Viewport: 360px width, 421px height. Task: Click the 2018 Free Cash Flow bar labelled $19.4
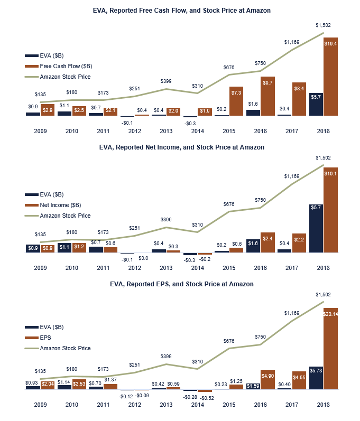[330, 77]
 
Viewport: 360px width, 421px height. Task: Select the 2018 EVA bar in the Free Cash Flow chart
[316, 104]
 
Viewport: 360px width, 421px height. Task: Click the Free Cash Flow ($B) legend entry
[66, 66]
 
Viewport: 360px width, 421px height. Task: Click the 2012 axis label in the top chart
[134, 130]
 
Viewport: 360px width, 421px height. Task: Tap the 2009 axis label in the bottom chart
[40, 405]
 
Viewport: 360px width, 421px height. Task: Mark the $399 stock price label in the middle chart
[165, 219]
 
